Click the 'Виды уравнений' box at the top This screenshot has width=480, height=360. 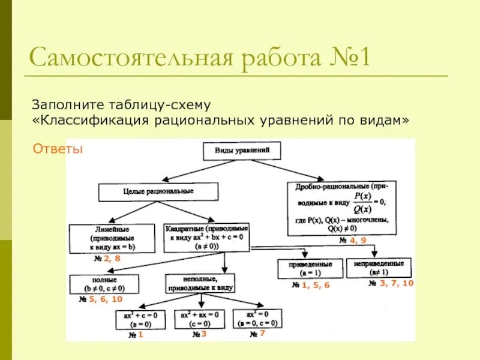tap(242, 150)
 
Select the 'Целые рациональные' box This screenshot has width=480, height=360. tap(158, 191)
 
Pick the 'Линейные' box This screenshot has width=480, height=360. tap(112, 238)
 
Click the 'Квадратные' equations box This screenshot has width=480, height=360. tap(207, 238)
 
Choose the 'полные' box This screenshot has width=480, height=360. tap(104, 284)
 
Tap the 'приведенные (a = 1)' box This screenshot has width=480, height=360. tap(310, 268)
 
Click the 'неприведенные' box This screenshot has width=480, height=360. tap(379, 268)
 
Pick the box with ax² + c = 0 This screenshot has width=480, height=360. tap(140, 319)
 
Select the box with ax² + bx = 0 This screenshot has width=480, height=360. tap(200, 319)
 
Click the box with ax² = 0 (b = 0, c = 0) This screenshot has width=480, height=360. tap(257, 319)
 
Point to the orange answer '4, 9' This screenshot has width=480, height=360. tap(358, 241)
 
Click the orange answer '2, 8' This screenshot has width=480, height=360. tap(112, 259)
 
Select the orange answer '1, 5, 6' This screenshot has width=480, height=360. tap(316, 286)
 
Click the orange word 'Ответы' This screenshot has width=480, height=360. tap(58, 149)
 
